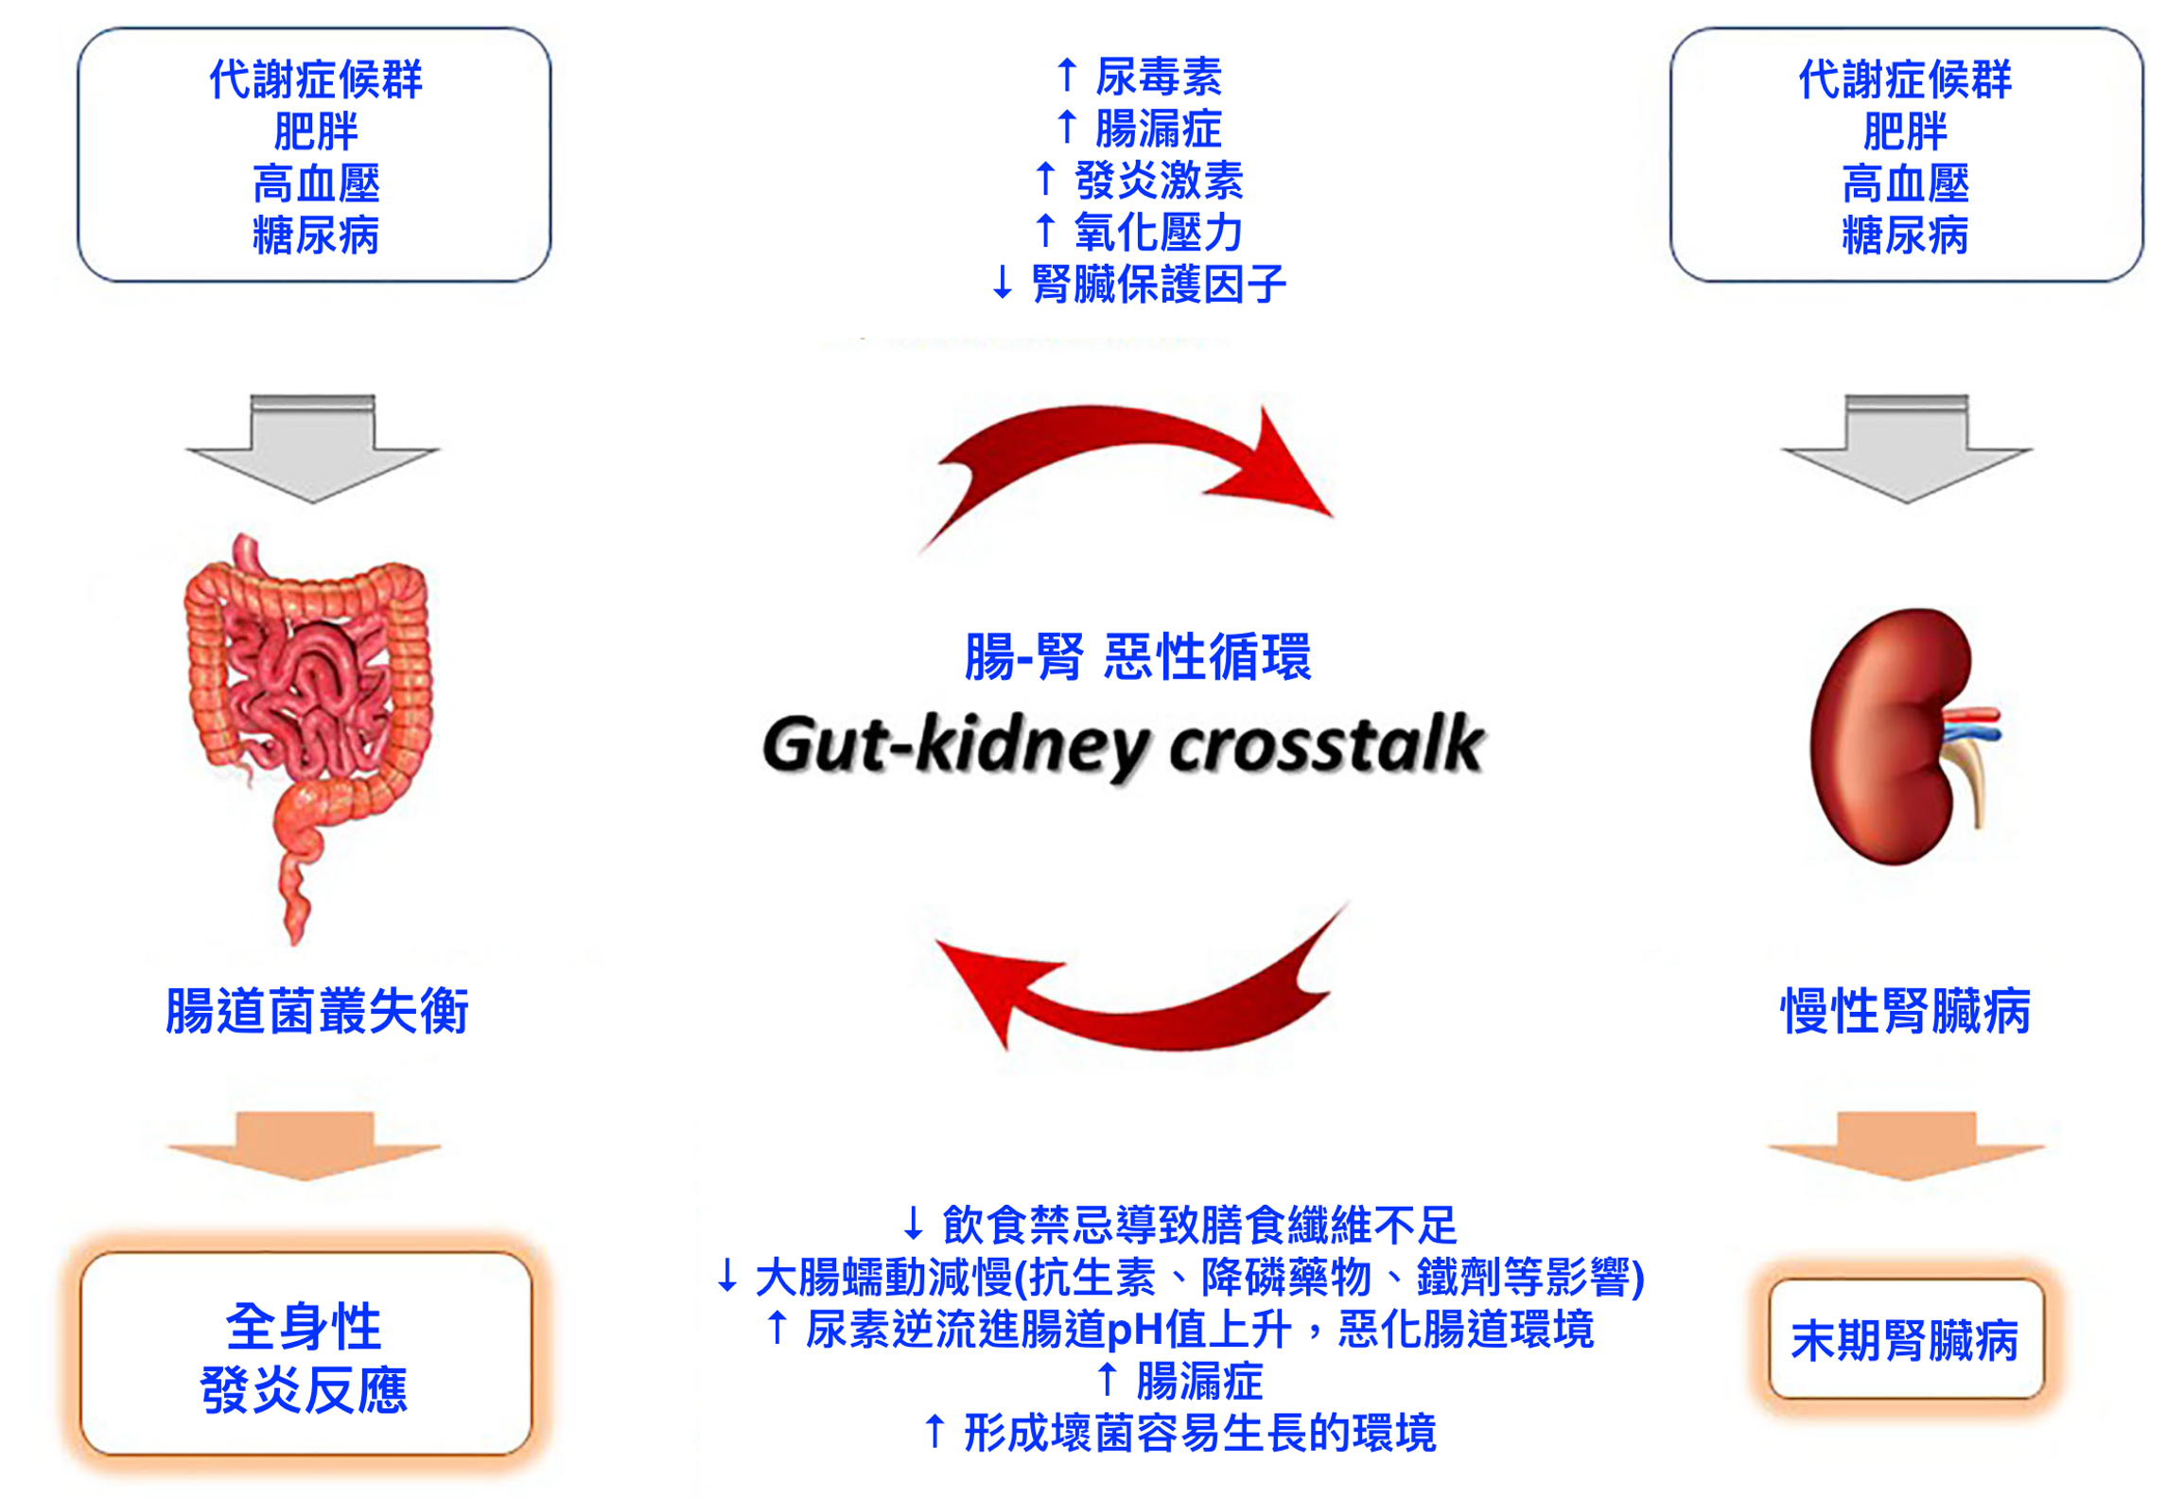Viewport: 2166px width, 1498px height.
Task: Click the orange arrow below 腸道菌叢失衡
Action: (305, 1144)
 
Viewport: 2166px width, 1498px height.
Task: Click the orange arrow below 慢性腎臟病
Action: (1905, 1144)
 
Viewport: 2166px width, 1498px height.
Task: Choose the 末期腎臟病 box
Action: (1905, 1339)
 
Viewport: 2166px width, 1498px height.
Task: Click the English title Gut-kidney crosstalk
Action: (1123, 745)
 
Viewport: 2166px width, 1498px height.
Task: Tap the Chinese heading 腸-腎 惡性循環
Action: (1137, 656)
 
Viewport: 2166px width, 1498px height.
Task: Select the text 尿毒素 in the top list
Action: (1158, 77)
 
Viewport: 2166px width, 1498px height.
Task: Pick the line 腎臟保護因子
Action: (1158, 284)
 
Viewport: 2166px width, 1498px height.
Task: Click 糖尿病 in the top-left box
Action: (316, 235)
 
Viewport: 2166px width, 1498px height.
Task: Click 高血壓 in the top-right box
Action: (1905, 183)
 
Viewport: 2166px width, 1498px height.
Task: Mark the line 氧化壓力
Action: (1158, 232)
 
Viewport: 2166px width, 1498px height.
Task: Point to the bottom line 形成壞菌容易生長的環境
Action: (1199, 1433)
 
